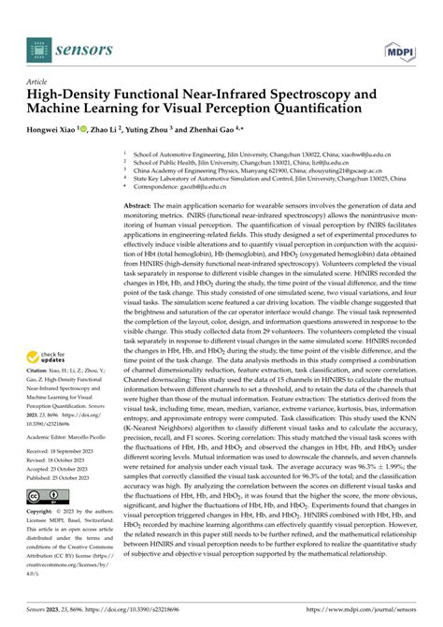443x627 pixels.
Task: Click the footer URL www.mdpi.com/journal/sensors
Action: click(x=377, y=611)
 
